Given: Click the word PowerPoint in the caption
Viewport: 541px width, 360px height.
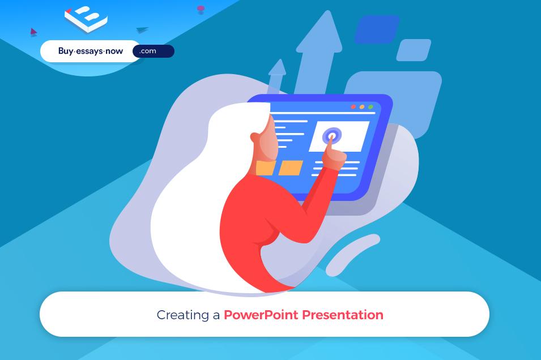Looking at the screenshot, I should pos(261,315).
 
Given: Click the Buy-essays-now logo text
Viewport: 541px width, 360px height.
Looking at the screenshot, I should pos(90,52).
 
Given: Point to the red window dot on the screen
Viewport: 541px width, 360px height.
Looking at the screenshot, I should pos(353,107).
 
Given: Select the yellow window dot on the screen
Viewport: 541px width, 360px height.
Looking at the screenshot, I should pos(362,107).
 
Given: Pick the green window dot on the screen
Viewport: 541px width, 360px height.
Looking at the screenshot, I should pos(370,107).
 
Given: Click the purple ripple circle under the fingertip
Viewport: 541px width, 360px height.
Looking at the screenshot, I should pos(331,136).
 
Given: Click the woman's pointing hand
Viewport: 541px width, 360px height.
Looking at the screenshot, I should pos(335,153).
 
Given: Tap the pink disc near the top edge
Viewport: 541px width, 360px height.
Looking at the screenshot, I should pos(201,9).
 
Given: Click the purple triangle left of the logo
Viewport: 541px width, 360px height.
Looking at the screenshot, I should pos(33,32).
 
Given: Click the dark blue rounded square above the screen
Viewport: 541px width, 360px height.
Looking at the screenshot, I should pos(377,29).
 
